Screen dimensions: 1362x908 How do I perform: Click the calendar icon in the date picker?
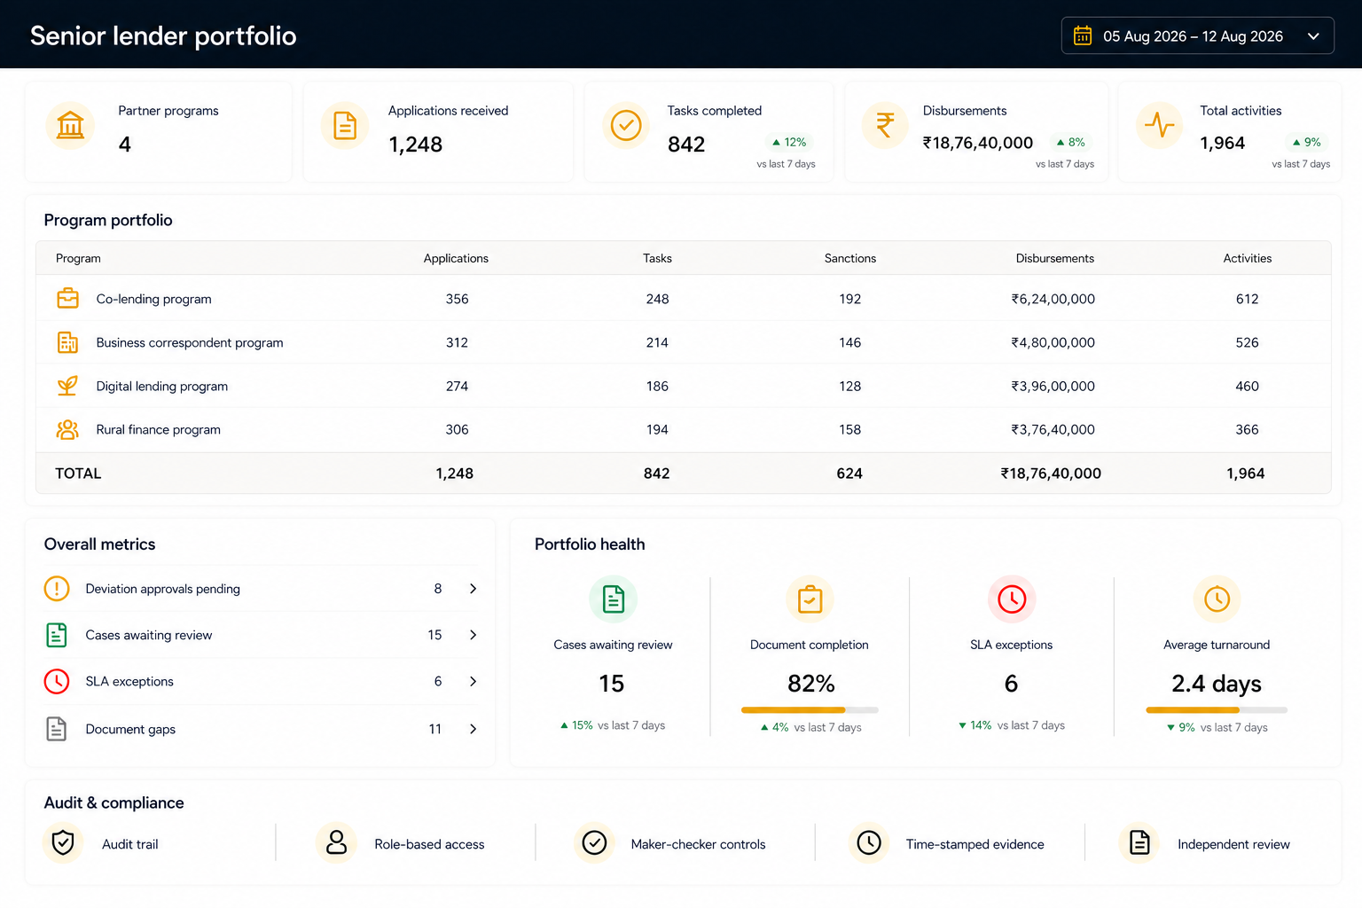point(1083,35)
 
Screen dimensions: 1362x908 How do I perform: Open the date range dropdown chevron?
point(1313,36)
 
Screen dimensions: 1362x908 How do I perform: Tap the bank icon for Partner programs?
point(70,125)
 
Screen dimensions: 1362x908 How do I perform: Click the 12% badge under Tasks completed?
point(788,142)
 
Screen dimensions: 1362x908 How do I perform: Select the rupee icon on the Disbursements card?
point(885,125)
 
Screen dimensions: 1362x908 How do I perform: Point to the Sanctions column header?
point(850,258)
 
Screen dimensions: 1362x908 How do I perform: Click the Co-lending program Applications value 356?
point(457,299)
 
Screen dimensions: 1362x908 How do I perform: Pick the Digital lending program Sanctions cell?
point(850,387)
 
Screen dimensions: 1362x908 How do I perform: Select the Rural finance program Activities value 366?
point(1247,429)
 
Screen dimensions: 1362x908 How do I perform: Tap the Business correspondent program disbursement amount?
point(1053,342)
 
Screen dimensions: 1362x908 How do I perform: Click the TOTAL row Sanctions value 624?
point(849,474)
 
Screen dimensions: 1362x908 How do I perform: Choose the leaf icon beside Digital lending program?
point(67,386)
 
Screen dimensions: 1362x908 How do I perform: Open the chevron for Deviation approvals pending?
point(473,588)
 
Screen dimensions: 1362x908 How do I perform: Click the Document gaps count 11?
point(434,729)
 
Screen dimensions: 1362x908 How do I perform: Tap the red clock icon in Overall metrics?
point(57,681)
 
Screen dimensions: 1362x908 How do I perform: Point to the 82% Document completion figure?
point(810,683)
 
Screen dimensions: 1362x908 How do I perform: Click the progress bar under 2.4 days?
point(1216,709)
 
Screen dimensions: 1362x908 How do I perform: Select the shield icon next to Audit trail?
point(63,843)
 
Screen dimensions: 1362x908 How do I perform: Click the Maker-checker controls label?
point(698,844)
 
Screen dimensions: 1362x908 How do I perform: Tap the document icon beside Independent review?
point(1139,843)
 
